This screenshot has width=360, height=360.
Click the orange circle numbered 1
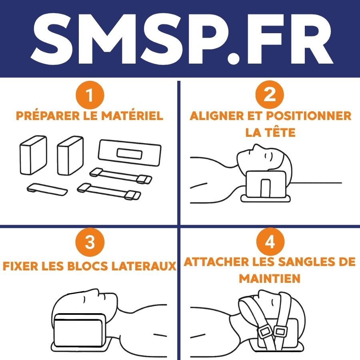(x=90, y=94)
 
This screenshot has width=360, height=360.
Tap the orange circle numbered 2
(x=270, y=94)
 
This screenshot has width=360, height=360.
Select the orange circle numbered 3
(x=90, y=242)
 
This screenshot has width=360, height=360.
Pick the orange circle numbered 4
(x=270, y=242)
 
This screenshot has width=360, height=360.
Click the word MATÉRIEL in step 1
(x=132, y=115)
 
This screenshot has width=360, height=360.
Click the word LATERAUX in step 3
(x=144, y=266)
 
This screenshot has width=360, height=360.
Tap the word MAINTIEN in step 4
(x=270, y=278)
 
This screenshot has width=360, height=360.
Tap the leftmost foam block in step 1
(x=33, y=155)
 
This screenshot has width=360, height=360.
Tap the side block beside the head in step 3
(x=78, y=330)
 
